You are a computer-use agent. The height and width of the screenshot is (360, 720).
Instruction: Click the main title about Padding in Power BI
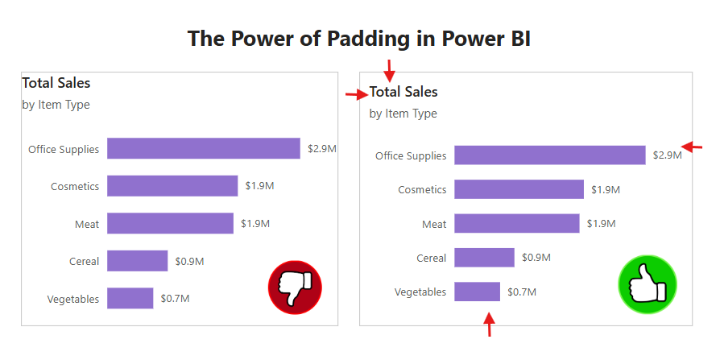359,38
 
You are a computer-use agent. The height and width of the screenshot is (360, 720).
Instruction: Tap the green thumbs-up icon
648,283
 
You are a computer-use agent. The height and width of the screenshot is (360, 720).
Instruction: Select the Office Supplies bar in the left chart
203,148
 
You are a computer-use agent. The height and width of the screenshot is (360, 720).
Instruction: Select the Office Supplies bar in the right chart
549,155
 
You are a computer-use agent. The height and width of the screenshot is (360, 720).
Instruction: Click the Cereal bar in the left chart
137,261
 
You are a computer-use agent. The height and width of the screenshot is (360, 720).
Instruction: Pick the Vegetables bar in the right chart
477,292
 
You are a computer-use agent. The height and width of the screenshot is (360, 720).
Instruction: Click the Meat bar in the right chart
516,223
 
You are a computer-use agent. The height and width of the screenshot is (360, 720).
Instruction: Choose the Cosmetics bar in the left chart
172,186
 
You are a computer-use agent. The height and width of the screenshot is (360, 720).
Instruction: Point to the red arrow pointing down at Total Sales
389,70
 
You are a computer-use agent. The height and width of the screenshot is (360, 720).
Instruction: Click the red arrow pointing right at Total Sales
356,95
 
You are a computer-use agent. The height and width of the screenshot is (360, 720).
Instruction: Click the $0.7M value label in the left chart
175,299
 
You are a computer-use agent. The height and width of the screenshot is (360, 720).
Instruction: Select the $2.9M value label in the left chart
321,149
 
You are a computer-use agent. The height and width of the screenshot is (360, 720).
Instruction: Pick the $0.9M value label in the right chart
536,258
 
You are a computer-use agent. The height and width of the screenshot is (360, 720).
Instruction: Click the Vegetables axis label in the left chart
73,299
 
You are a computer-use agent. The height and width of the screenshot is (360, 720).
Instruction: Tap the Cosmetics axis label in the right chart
422,189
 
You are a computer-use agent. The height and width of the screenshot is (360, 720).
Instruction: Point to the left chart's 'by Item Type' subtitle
56,105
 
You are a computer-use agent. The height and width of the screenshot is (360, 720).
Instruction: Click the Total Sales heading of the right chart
403,92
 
